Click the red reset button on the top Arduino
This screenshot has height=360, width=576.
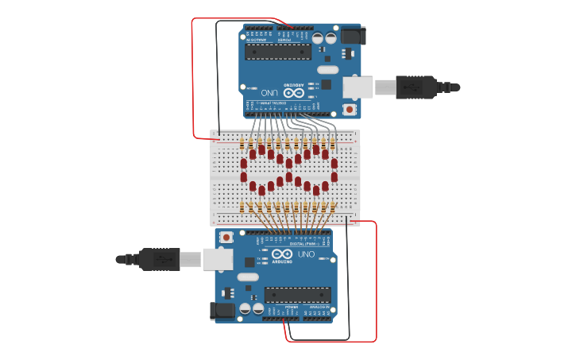(x=349, y=109)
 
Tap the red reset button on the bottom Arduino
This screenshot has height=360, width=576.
(x=227, y=237)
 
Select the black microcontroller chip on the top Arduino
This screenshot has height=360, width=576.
(x=277, y=52)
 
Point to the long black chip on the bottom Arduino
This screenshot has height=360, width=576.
(x=298, y=294)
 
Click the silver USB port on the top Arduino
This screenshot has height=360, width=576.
(x=358, y=87)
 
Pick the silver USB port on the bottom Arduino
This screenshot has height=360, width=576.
(x=217, y=258)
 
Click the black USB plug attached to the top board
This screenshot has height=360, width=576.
(x=415, y=87)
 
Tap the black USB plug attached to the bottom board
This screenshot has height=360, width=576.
(x=159, y=258)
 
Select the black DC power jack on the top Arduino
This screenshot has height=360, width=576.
(x=351, y=35)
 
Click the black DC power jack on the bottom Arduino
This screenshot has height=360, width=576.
(x=223, y=311)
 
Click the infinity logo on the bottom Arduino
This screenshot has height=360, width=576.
(x=283, y=254)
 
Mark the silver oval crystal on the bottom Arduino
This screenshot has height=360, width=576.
(x=248, y=277)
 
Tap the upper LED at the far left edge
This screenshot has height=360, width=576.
(x=244, y=164)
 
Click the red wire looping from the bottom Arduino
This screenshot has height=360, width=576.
(x=375, y=286)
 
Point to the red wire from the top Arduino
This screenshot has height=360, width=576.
(x=192, y=79)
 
